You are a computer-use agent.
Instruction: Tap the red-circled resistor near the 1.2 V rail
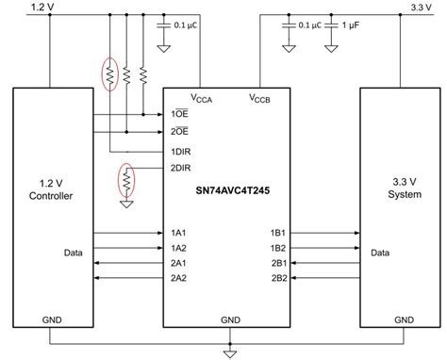(110, 74)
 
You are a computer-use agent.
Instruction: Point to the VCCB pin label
(260, 97)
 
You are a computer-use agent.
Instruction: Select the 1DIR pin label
(182, 151)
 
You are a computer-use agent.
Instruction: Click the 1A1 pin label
(178, 232)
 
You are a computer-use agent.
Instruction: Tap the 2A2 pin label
(178, 278)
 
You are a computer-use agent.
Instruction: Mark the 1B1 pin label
(279, 232)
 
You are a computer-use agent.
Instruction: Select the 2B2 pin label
(279, 278)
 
